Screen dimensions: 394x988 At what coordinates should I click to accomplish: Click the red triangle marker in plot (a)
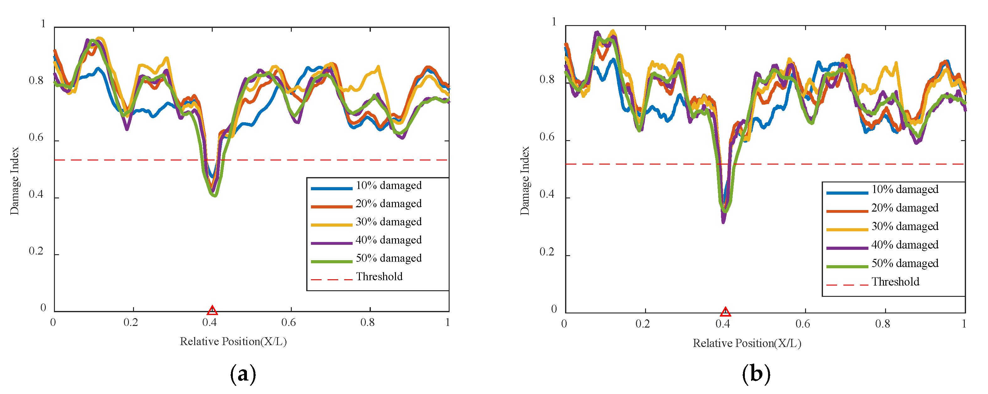(212, 310)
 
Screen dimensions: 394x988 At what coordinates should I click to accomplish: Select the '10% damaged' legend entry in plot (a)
(388, 186)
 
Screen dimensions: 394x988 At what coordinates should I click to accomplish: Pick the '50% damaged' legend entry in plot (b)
(905, 264)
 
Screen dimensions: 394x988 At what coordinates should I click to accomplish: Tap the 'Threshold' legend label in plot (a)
(379, 277)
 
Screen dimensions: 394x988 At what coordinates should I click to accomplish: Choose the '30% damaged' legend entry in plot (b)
(905, 227)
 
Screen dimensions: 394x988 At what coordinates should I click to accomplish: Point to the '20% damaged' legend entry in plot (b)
(905, 208)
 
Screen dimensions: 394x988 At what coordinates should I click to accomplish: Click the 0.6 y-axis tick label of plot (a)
(36, 138)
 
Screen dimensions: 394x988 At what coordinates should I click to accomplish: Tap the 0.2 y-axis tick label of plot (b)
(547, 252)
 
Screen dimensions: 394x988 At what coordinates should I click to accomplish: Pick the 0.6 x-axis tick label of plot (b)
(803, 324)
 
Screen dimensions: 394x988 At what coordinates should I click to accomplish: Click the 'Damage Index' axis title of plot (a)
(14, 181)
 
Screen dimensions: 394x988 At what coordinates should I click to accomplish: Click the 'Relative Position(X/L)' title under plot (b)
(747, 344)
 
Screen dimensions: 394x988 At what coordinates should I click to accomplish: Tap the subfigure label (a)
(243, 374)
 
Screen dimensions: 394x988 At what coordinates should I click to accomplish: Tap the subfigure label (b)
(756, 374)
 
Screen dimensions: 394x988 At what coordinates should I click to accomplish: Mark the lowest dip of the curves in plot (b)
(723, 222)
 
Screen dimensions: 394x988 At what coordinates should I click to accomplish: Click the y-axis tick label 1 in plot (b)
(553, 22)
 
